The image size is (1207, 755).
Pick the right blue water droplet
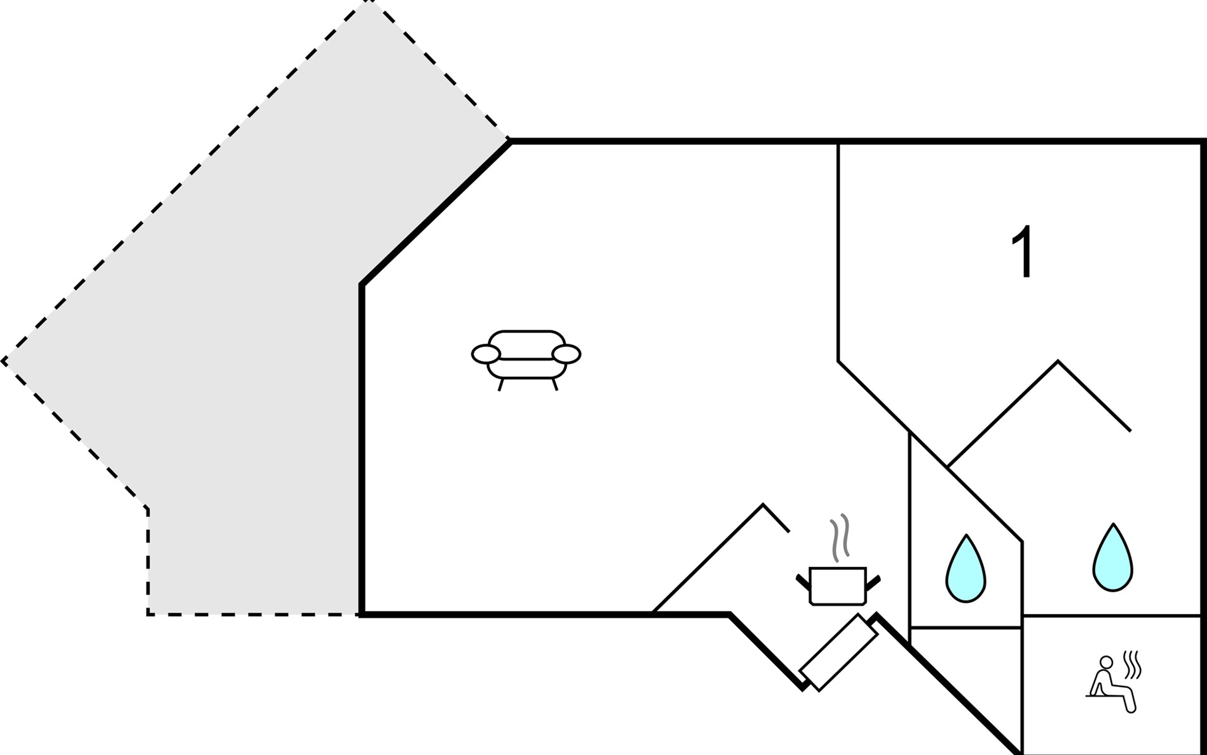click(1113, 558)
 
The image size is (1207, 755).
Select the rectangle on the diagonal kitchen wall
click(839, 652)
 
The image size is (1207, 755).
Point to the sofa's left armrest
click(486, 354)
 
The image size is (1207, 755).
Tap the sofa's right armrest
click(566, 354)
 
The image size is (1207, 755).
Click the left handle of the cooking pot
click(802, 581)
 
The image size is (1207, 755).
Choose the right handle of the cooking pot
click(874, 581)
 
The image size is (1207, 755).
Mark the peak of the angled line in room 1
click(1058, 361)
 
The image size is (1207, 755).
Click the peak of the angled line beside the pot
click(763, 504)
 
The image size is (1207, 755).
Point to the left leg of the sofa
click(501, 385)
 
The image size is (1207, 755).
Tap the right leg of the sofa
click(554, 384)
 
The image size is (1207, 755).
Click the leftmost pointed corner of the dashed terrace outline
click(3, 361)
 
